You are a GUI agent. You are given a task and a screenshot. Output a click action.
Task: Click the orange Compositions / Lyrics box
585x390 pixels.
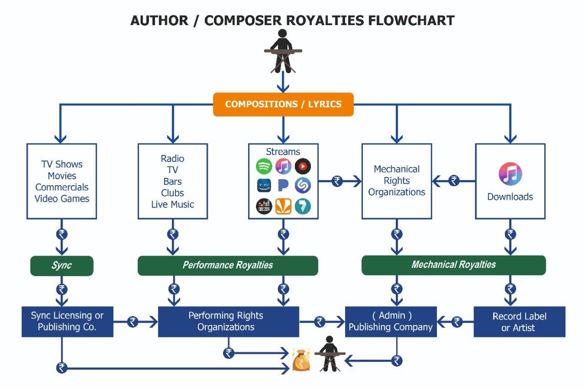click(x=283, y=104)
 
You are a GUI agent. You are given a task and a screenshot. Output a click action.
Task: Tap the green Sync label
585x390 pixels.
click(x=62, y=266)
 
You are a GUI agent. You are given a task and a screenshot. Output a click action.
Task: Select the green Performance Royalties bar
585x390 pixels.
click(x=228, y=266)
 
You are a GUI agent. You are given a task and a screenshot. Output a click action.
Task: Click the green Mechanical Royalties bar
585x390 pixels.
click(x=453, y=265)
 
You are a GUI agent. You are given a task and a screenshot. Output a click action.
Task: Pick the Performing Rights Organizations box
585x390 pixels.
click(x=228, y=321)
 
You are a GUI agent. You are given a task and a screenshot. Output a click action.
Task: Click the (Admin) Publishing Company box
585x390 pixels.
click(x=390, y=321)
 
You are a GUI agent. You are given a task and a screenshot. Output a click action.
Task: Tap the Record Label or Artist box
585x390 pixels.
click(x=519, y=322)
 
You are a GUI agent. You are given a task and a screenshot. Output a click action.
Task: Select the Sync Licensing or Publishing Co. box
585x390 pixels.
click(x=67, y=321)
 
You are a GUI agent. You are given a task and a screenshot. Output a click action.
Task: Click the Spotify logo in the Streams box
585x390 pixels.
click(x=264, y=166)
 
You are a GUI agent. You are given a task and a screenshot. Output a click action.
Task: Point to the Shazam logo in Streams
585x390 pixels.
click(x=303, y=185)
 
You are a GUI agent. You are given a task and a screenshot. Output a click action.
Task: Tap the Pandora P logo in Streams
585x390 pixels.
click(x=283, y=185)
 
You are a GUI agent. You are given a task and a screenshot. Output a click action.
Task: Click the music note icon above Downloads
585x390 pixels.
click(x=510, y=174)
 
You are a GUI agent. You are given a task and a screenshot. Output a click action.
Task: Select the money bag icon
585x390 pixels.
click(x=301, y=360)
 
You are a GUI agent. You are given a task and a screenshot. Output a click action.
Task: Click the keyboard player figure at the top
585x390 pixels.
click(x=283, y=51)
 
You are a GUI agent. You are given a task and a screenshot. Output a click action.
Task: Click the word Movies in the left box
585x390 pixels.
click(x=62, y=176)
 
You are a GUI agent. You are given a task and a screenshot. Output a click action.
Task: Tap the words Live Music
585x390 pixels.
click(x=172, y=204)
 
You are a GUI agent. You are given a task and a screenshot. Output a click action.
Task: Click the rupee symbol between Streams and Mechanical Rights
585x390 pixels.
click(x=337, y=181)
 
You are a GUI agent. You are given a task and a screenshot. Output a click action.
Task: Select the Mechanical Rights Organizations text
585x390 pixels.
click(x=396, y=181)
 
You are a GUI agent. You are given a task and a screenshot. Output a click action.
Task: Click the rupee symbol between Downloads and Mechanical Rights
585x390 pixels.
click(x=453, y=181)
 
